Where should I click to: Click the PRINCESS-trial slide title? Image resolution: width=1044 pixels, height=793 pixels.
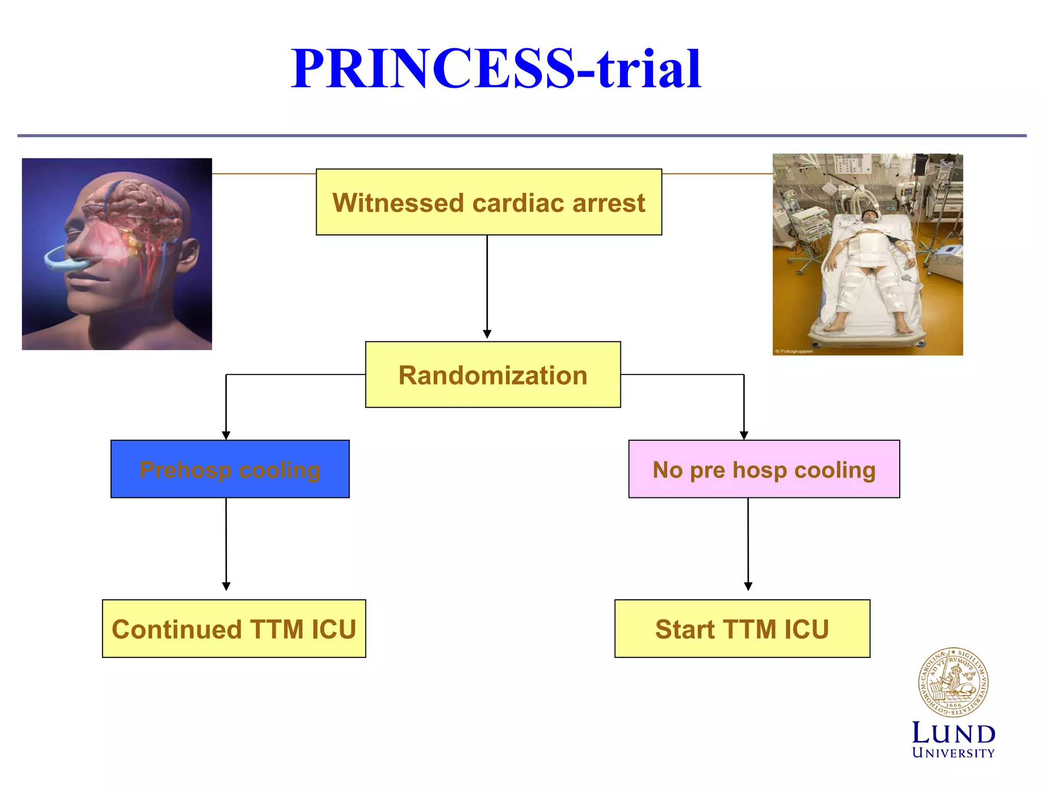tap(496, 69)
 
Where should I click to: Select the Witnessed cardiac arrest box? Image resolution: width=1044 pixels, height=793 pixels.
tap(488, 202)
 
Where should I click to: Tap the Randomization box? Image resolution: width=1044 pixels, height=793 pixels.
tap(492, 375)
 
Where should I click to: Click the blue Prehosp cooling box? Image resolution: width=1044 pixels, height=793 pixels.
tap(230, 469)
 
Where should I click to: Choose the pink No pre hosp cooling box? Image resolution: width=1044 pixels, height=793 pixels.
tap(764, 469)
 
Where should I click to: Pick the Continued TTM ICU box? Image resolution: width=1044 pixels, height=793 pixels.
tap(233, 628)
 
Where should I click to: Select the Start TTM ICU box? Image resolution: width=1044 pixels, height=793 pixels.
tap(742, 628)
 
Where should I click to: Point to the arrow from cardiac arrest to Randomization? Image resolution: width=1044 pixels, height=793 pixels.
tap(487, 285)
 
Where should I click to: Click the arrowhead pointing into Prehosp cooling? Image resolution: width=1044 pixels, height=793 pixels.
tap(226, 435)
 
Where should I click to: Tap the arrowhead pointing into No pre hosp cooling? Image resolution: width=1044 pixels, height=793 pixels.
tap(744, 435)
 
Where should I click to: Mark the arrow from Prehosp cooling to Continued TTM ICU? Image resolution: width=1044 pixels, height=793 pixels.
tap(226, 543)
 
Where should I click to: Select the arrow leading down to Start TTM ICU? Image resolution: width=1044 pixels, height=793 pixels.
tap(748, 543)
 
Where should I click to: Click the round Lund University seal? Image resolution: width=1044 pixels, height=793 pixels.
tap(953, 682)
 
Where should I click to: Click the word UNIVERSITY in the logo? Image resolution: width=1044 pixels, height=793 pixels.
tap(953, 753)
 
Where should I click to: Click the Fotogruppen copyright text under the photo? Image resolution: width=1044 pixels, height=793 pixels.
tap(794, 351)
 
